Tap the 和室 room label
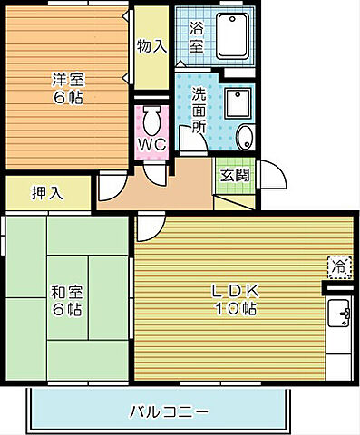64,292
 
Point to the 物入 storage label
151,45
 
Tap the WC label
151,144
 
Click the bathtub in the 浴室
233,35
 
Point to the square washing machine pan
238,105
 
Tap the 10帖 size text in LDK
236,309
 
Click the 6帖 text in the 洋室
65,97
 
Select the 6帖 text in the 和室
64,310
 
